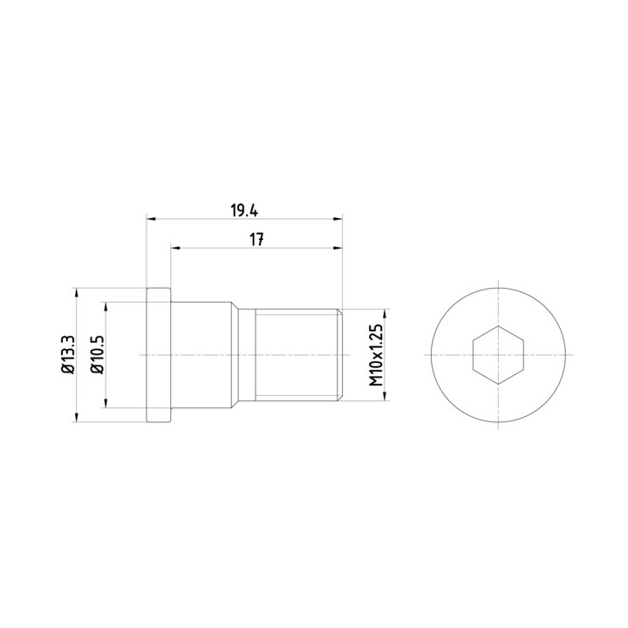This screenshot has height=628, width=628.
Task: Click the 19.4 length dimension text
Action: coord(244,211)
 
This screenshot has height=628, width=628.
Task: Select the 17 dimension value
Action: coord(256,240)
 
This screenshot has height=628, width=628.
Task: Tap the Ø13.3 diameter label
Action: coord(68,355)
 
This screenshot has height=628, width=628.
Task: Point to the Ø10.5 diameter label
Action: coord(98,355)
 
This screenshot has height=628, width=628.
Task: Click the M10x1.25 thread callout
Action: coord(376,355)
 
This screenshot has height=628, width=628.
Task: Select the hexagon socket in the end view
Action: coord(498,355)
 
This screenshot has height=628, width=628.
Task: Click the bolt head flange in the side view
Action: coord(159,355)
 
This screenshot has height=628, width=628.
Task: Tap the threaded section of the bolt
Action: coord(297,355)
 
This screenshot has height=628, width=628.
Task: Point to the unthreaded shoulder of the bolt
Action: coord(201,355)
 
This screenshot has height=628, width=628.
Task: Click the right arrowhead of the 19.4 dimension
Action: coord(338,219)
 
